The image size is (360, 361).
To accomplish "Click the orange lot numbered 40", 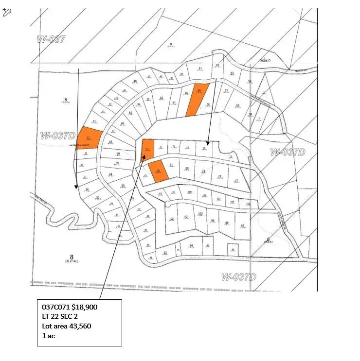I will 90,138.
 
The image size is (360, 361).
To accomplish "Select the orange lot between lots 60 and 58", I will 197,99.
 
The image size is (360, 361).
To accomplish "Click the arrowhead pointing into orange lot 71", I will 144,156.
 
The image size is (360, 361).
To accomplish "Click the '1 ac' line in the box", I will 48,336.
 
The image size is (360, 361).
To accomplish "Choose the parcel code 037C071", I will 54,307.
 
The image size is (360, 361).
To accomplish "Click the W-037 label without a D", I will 51,39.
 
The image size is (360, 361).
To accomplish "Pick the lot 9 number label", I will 171,44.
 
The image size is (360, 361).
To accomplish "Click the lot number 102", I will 171,219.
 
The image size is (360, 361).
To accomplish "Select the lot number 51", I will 200,69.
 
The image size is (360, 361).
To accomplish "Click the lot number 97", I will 242,225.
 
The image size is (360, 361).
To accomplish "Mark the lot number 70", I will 117,163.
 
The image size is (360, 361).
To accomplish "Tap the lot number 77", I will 237,181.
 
